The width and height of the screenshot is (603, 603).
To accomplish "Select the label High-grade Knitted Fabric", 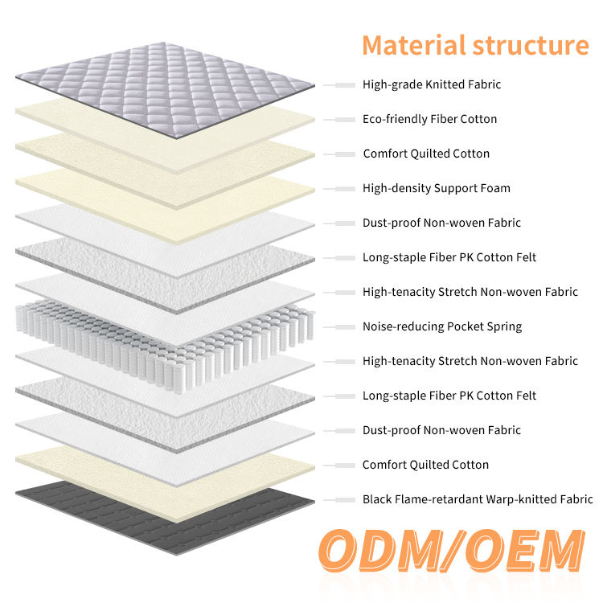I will (432, 84).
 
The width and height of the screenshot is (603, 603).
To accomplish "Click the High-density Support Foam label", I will (436, 188).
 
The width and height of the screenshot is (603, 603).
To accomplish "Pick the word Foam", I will (495, 188).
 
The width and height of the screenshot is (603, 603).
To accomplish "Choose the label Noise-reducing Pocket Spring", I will (442, 326).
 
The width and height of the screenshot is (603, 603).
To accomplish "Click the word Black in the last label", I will (378, 499).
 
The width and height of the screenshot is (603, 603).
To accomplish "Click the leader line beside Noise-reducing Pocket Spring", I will (340, 327).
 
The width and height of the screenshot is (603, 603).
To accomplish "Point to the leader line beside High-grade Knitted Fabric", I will (340, 84).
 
